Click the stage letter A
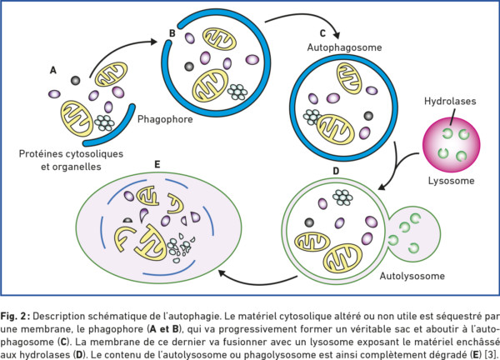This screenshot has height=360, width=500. tap(53, 70)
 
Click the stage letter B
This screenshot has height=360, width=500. tap(172, 33)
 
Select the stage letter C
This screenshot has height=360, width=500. tap(322, 33)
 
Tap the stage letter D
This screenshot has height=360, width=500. tap(336, 171)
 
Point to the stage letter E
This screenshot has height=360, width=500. tap(157, 164)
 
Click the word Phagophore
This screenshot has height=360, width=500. tap(165, 119)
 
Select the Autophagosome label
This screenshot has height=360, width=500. tap(344, 47)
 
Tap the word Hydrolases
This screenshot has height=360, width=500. tap(450, 102)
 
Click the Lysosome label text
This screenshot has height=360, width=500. tap(451, 181)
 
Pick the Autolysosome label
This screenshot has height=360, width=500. tap(412, 276)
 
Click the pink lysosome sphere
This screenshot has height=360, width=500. tap(451, 144)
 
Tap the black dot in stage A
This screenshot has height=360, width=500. tap(75, 80)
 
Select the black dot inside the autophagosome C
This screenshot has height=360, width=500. tap(368, 116)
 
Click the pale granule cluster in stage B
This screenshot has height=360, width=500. tap(237, 92)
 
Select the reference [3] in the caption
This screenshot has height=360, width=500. tap(490, 354)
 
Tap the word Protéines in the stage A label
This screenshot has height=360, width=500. tap(41, 153)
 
